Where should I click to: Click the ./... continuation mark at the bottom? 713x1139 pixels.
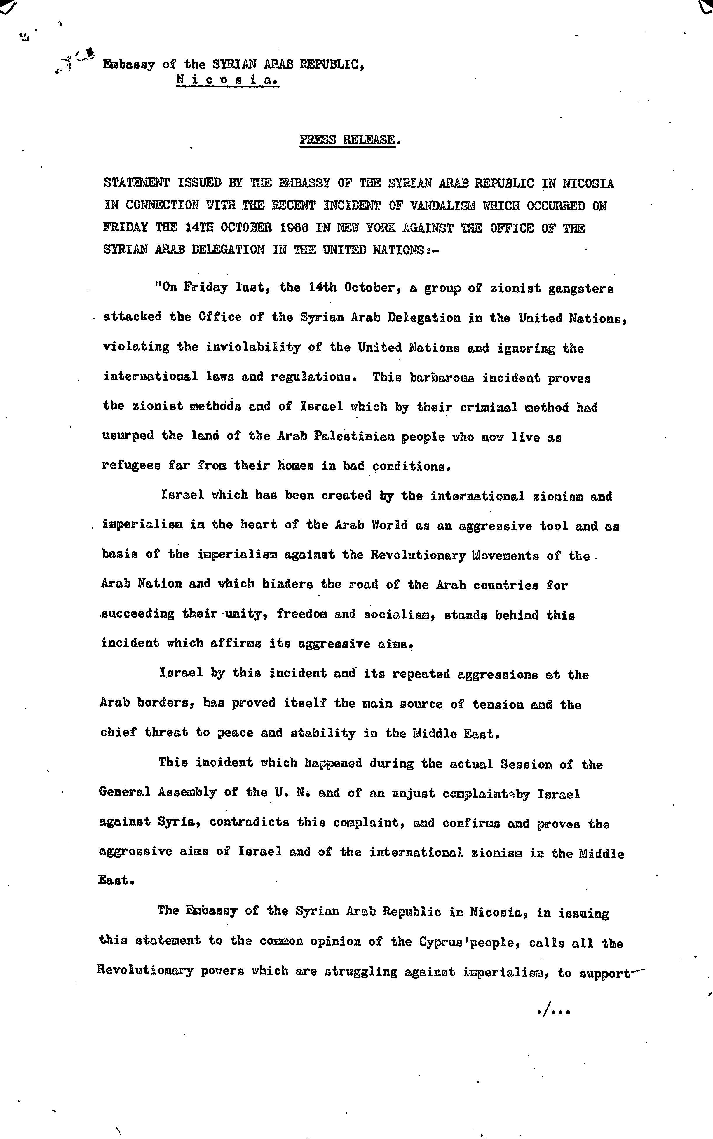pyautogui.click(x=554, y=1011)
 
